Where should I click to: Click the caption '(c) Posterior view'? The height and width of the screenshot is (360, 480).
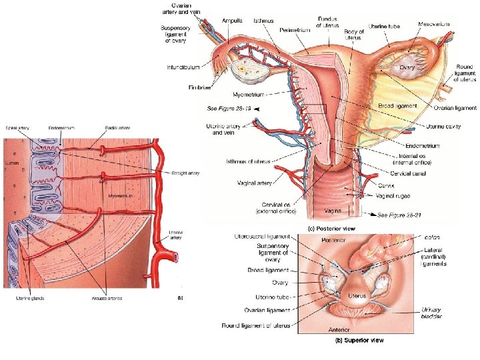point(332,228)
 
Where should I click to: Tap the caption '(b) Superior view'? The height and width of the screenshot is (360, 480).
point(359,341)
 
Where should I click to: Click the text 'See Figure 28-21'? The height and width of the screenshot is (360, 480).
point(401,215)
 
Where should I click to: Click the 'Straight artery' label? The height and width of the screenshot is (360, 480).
point(185,173)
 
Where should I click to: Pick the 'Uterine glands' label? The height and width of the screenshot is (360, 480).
point(30,298)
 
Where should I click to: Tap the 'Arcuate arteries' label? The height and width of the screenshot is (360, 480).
point(107,298)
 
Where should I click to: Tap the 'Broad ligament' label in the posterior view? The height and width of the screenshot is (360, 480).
point(397,105)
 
